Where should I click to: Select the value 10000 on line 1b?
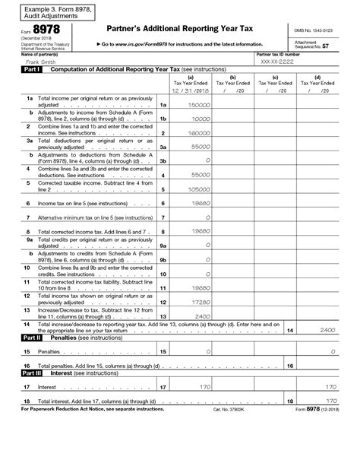[x=200, y=119]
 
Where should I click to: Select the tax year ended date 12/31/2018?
[x=190, y=90]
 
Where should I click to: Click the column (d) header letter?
[x=317, y=77]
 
